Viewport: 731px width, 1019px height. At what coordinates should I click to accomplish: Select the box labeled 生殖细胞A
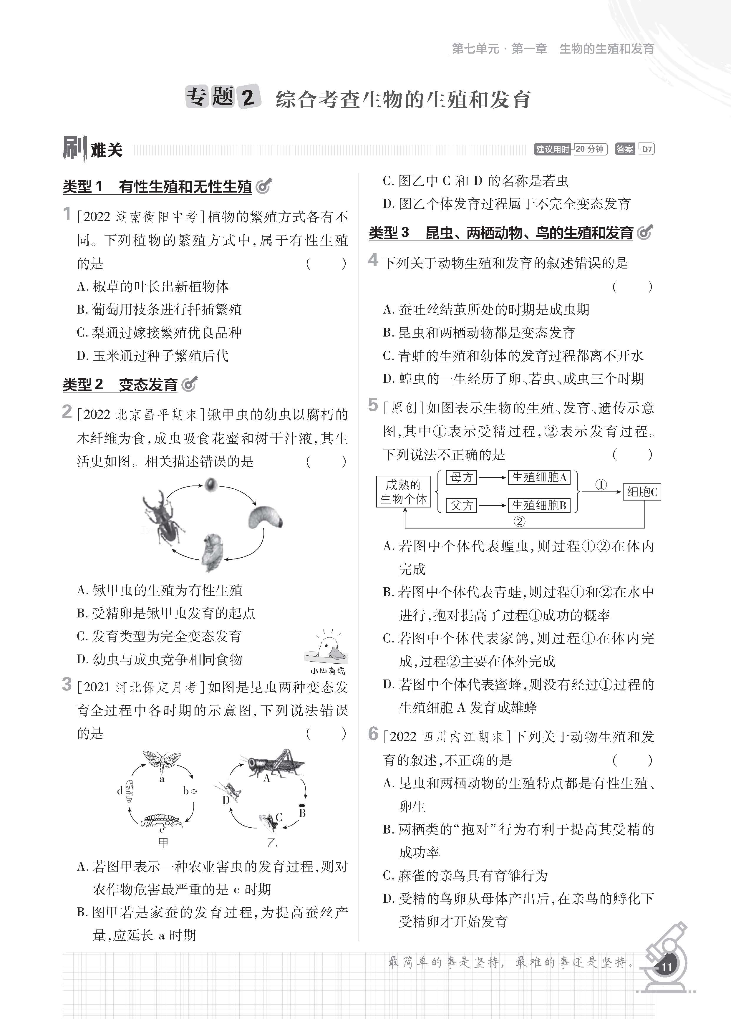[539, 477]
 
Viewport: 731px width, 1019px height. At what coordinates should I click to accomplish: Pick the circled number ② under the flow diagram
[519, 521]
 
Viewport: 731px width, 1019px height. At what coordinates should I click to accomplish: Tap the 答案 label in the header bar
[625, 149]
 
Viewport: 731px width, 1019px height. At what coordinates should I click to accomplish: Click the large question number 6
[373, 734]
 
